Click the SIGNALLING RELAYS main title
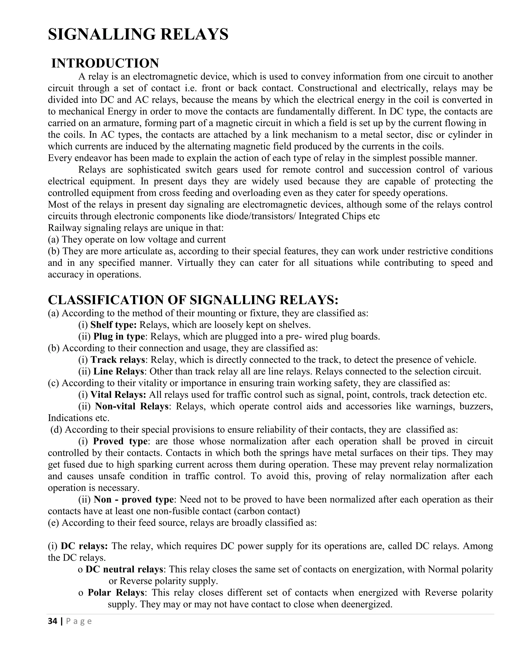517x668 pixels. tap(138, 34)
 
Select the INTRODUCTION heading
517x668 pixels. tap(105, 63)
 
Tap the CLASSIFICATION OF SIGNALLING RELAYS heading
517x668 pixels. tap(193, 300)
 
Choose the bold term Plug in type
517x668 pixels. tap(119, 337)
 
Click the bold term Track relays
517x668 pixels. tap(118, 360)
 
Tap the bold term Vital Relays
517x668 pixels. tap(118, 394)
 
